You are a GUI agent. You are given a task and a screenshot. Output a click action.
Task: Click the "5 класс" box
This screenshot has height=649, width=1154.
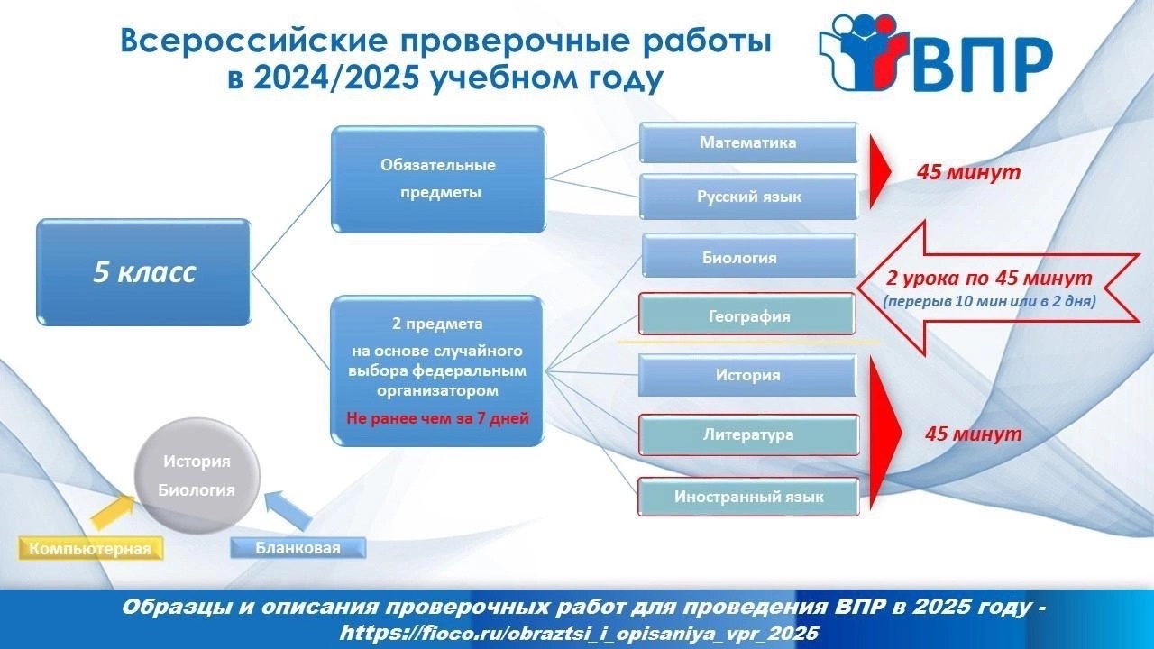(x=143, y=272)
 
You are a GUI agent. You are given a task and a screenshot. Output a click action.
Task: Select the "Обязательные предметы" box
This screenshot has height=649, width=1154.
(x=438, y=178)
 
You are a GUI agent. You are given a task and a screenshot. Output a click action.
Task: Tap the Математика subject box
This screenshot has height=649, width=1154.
(x=748, y=142)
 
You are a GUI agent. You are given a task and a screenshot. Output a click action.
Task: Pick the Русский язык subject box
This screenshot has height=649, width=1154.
(x=748, y=197)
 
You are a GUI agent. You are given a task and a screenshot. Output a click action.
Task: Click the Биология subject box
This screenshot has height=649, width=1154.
(x=749, y=256)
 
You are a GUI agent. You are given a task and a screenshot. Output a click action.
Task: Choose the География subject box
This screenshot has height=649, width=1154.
(x=746, y=315)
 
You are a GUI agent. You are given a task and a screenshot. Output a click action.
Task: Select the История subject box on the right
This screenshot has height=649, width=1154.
(x=747, y=375)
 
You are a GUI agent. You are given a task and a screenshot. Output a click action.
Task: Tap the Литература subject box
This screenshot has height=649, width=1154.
(x=748, y=434)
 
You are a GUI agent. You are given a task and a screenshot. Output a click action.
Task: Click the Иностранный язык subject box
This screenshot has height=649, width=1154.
(x=748, y=497)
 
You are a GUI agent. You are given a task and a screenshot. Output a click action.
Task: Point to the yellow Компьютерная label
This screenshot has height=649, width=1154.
(x=90, y=548)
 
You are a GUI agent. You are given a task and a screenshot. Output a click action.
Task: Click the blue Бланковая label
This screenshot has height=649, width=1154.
(x=298, y=547)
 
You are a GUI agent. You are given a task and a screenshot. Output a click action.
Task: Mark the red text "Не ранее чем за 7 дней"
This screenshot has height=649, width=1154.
(x=437, y=417)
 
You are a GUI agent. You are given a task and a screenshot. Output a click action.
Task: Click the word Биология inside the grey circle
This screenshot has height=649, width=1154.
(x=197, y=489)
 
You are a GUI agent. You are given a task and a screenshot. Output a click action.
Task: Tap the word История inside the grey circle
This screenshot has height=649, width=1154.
(x=197, y=461)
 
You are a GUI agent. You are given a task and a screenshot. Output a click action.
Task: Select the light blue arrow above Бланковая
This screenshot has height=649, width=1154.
(x=289, y=510)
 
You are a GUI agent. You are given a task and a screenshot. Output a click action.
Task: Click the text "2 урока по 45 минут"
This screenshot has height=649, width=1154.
(x=989, y=279)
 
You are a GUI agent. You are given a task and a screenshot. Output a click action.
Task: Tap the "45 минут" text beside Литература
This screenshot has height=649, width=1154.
(x=973, y=434)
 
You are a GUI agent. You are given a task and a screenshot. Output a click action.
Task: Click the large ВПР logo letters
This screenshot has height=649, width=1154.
(x=983, y=66)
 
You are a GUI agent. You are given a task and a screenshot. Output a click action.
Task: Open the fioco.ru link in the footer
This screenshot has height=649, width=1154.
(x=579, y=633)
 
